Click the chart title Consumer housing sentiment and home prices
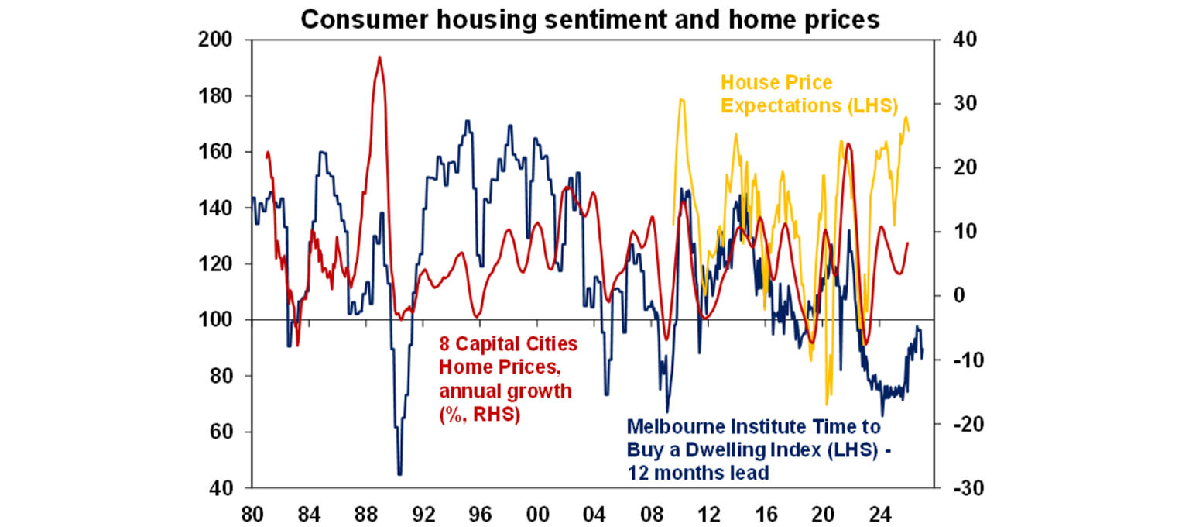590,19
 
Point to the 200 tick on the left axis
219,40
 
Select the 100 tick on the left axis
219,320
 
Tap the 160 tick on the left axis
219,152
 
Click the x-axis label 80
251,514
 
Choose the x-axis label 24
879,514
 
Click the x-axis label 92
423,514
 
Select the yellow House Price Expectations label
809,94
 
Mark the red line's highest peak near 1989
379,57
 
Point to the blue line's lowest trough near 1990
399,474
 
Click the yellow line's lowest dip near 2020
828,404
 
